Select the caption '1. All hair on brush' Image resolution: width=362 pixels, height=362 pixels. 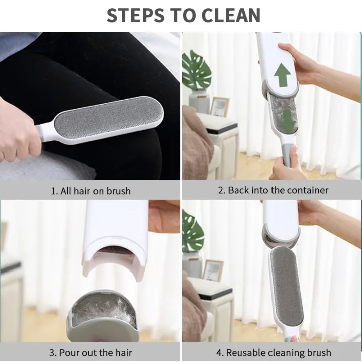[x=90, y=191]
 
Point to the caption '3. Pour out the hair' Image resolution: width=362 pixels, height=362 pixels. [x=90, y=352]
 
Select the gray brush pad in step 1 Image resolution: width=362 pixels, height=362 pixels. [x=108, y=119]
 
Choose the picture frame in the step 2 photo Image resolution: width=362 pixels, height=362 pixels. [x=219, y=107]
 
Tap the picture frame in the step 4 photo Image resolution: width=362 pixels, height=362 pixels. [x=213, y=270]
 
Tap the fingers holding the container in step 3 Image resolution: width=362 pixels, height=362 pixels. [x=163, y=216]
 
